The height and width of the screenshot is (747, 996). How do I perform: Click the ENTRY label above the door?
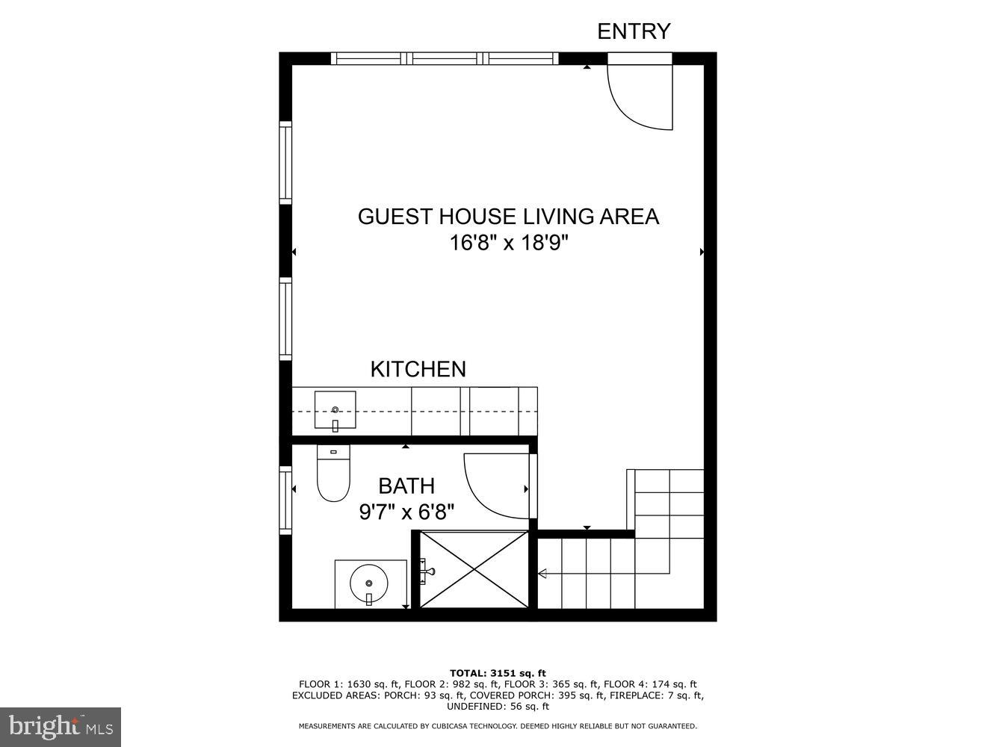[x=634, y=31]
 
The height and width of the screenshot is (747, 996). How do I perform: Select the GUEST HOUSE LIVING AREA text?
[x=508, y=217]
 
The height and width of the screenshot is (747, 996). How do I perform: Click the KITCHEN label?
[x=418, y=369]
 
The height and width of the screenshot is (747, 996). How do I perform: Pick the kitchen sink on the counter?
[x=335, y=410]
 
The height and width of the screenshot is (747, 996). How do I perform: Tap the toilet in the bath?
[x=333, y=474]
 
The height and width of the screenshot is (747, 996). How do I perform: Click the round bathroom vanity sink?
[x=369, y=583]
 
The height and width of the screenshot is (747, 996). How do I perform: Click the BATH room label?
[x=406, y=486]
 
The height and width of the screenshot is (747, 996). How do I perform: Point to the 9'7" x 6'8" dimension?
[x=406, y=512]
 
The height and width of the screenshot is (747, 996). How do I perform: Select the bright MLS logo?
[x=61, y=727]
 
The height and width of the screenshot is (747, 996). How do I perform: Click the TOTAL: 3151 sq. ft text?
[x=498, y=673]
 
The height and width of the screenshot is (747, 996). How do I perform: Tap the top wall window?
[x=445, y=58]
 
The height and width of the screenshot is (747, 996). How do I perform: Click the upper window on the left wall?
[x=285, y=162]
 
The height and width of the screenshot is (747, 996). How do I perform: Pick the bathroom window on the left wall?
[x=285, y=500]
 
